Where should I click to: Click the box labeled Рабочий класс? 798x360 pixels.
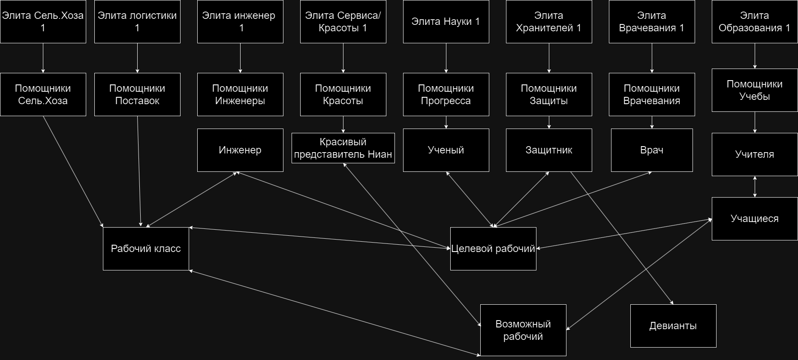click(x=146, y=249)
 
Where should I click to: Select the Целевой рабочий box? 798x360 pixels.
click(x=493, y=249)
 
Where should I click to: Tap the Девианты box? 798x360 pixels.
click(x=673, y=326)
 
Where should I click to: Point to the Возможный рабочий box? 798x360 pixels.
click(x=523, y=330)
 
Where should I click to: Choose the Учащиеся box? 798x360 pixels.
click(x=755, y=219)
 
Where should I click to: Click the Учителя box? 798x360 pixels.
click(x=755, y=154)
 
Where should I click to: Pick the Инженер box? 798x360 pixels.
click(x=240, y=150)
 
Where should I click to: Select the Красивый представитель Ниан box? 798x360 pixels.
click(x=343, y=148)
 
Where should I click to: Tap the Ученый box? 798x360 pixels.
click(x=446, y=150)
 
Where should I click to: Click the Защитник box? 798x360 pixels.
click(x=549, y=150)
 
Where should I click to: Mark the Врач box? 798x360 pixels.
click(x=652, y=150)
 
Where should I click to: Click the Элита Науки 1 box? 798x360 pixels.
click(x=446, y=21)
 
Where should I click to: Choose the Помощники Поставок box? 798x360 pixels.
click(x=137, y=94)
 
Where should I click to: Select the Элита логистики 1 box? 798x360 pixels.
click(x=137, y=21)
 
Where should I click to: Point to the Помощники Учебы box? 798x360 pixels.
click(x=755, y=90)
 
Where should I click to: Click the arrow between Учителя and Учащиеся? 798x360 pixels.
click(x=755, y=186)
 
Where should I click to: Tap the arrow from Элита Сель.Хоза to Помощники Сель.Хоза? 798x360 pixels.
click(x=43, y=58)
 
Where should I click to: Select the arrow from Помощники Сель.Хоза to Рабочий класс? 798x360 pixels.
click(x=73, y=171)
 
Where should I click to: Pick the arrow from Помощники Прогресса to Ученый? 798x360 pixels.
click(x=446, y=122)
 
